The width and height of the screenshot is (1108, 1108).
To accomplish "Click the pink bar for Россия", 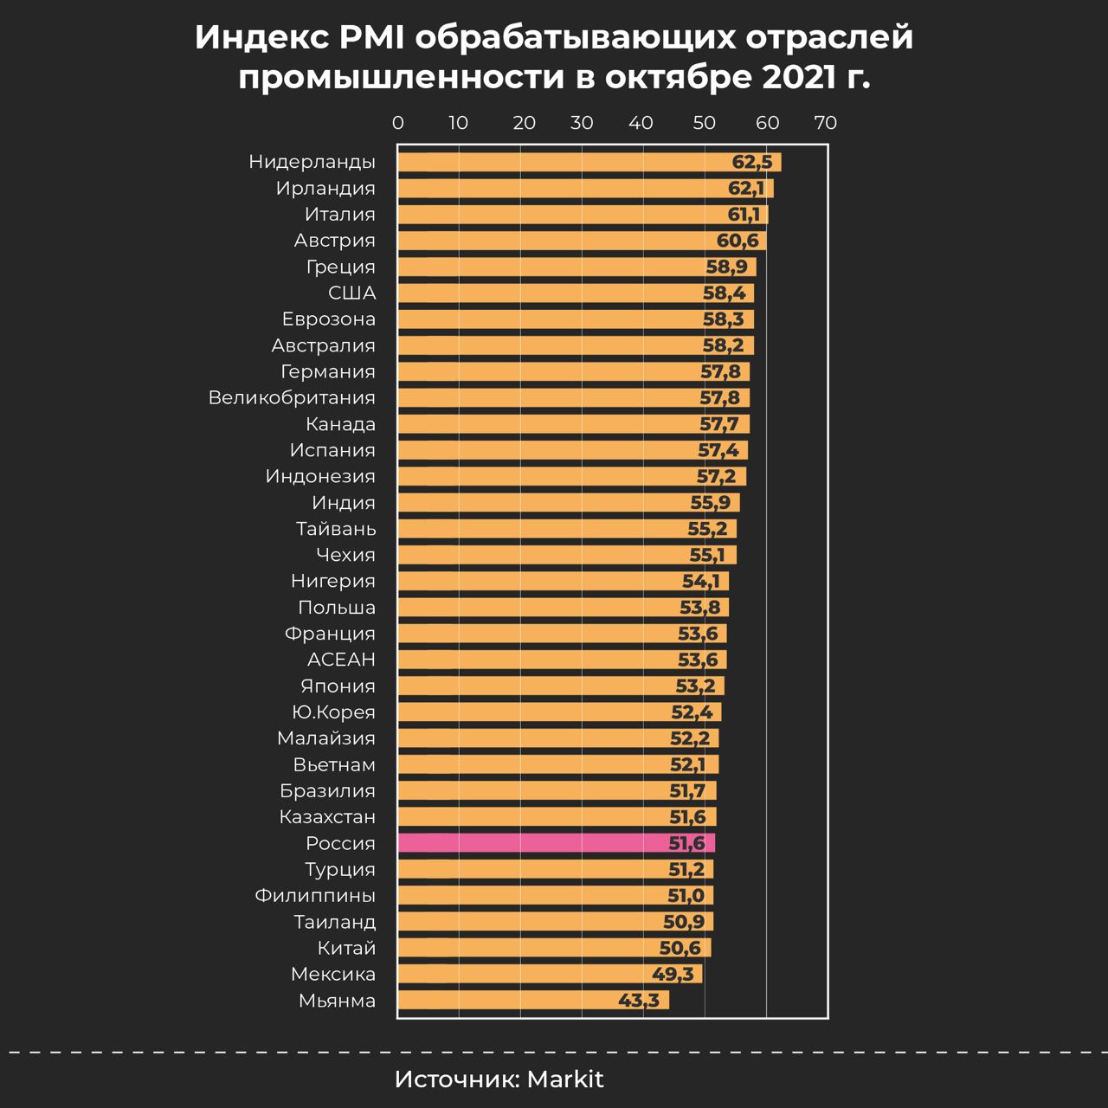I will click(554, 843).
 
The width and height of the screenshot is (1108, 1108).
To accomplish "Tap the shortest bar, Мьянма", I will click(532, 1001).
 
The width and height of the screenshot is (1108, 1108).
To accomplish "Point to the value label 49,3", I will click(673, 975).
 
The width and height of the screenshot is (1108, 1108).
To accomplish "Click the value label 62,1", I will click(746, 189).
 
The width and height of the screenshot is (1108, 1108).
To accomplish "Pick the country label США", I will click(351, 293).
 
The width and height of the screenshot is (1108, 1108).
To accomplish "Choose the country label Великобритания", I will click(292, 397).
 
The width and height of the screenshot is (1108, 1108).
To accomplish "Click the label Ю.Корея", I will click(333, 712).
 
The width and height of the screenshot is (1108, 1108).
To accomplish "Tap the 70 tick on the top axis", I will click(825, 123).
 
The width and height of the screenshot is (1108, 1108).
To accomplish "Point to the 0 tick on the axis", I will click(398, 123).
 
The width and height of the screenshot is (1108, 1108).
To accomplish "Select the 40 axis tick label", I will click(641, 123).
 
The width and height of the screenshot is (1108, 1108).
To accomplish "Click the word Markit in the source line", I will click(565, 1079).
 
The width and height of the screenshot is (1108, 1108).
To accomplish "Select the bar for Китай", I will click(554, 948).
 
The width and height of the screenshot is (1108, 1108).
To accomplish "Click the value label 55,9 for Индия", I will click(710, 503).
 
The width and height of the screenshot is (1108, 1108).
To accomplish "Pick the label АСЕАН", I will click(341, 660).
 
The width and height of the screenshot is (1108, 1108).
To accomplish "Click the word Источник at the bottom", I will click(456, 1079).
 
